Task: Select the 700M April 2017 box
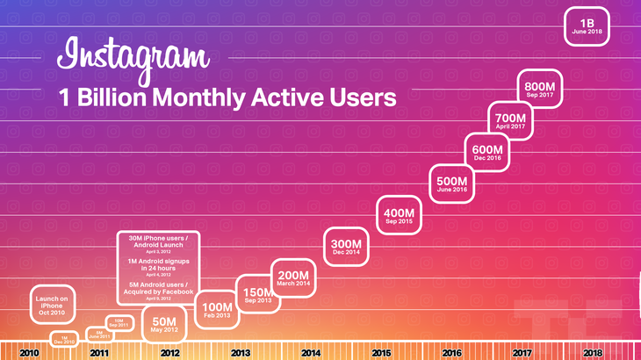tap(510, 119)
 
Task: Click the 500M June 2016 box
tap(452, 183)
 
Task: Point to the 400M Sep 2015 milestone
tap(400, 215)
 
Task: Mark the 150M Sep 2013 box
tap(259, 293)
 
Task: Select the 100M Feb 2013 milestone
tap(216, 309)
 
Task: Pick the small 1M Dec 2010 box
tap(64, 338)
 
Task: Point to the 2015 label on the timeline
tap(381, 352)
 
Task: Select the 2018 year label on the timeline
tap(593, 352)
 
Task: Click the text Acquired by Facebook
tap(159, 291)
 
